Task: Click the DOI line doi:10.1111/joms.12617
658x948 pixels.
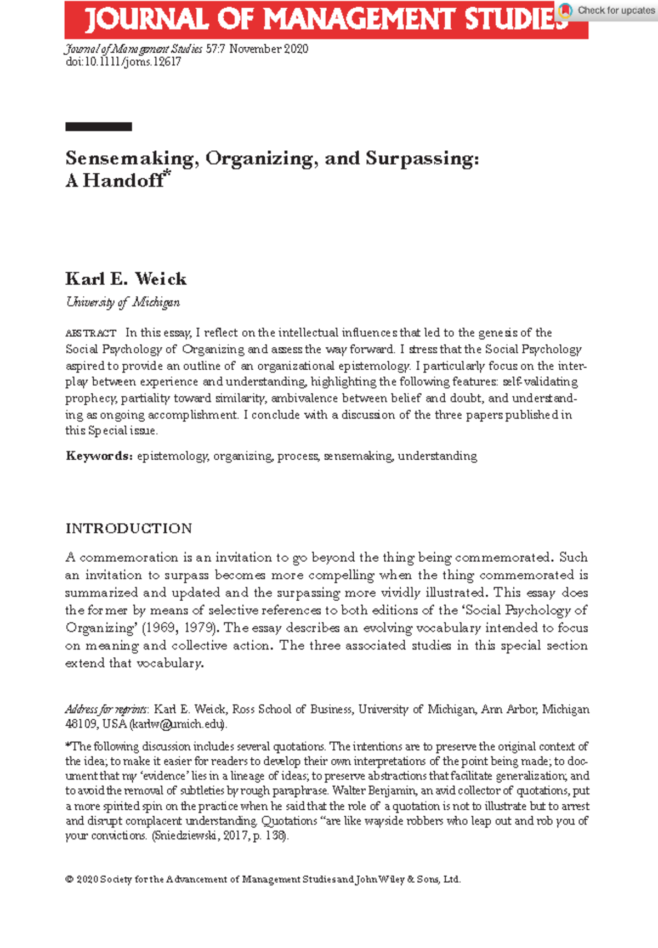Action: [x=123, y=62]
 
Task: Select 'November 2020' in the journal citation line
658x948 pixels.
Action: [x=269, y=49]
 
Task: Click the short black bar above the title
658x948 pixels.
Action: [x=99, y=127]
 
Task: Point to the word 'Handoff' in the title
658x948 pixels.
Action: [x=123, y=180]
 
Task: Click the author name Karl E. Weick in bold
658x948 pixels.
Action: [x=126, y=279]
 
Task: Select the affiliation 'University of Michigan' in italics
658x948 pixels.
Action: [x=123, y=302]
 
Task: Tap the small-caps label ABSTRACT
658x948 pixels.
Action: [x=90, y=333]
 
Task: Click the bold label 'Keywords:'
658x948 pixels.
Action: [x=99, y=456]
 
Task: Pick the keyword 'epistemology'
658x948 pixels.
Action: [x=172, y=456]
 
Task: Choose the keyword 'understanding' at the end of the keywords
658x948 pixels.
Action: [x=437, y=456]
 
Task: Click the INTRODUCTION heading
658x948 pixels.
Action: [x=129, y=528]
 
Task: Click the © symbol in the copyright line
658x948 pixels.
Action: [x=70, y=879]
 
